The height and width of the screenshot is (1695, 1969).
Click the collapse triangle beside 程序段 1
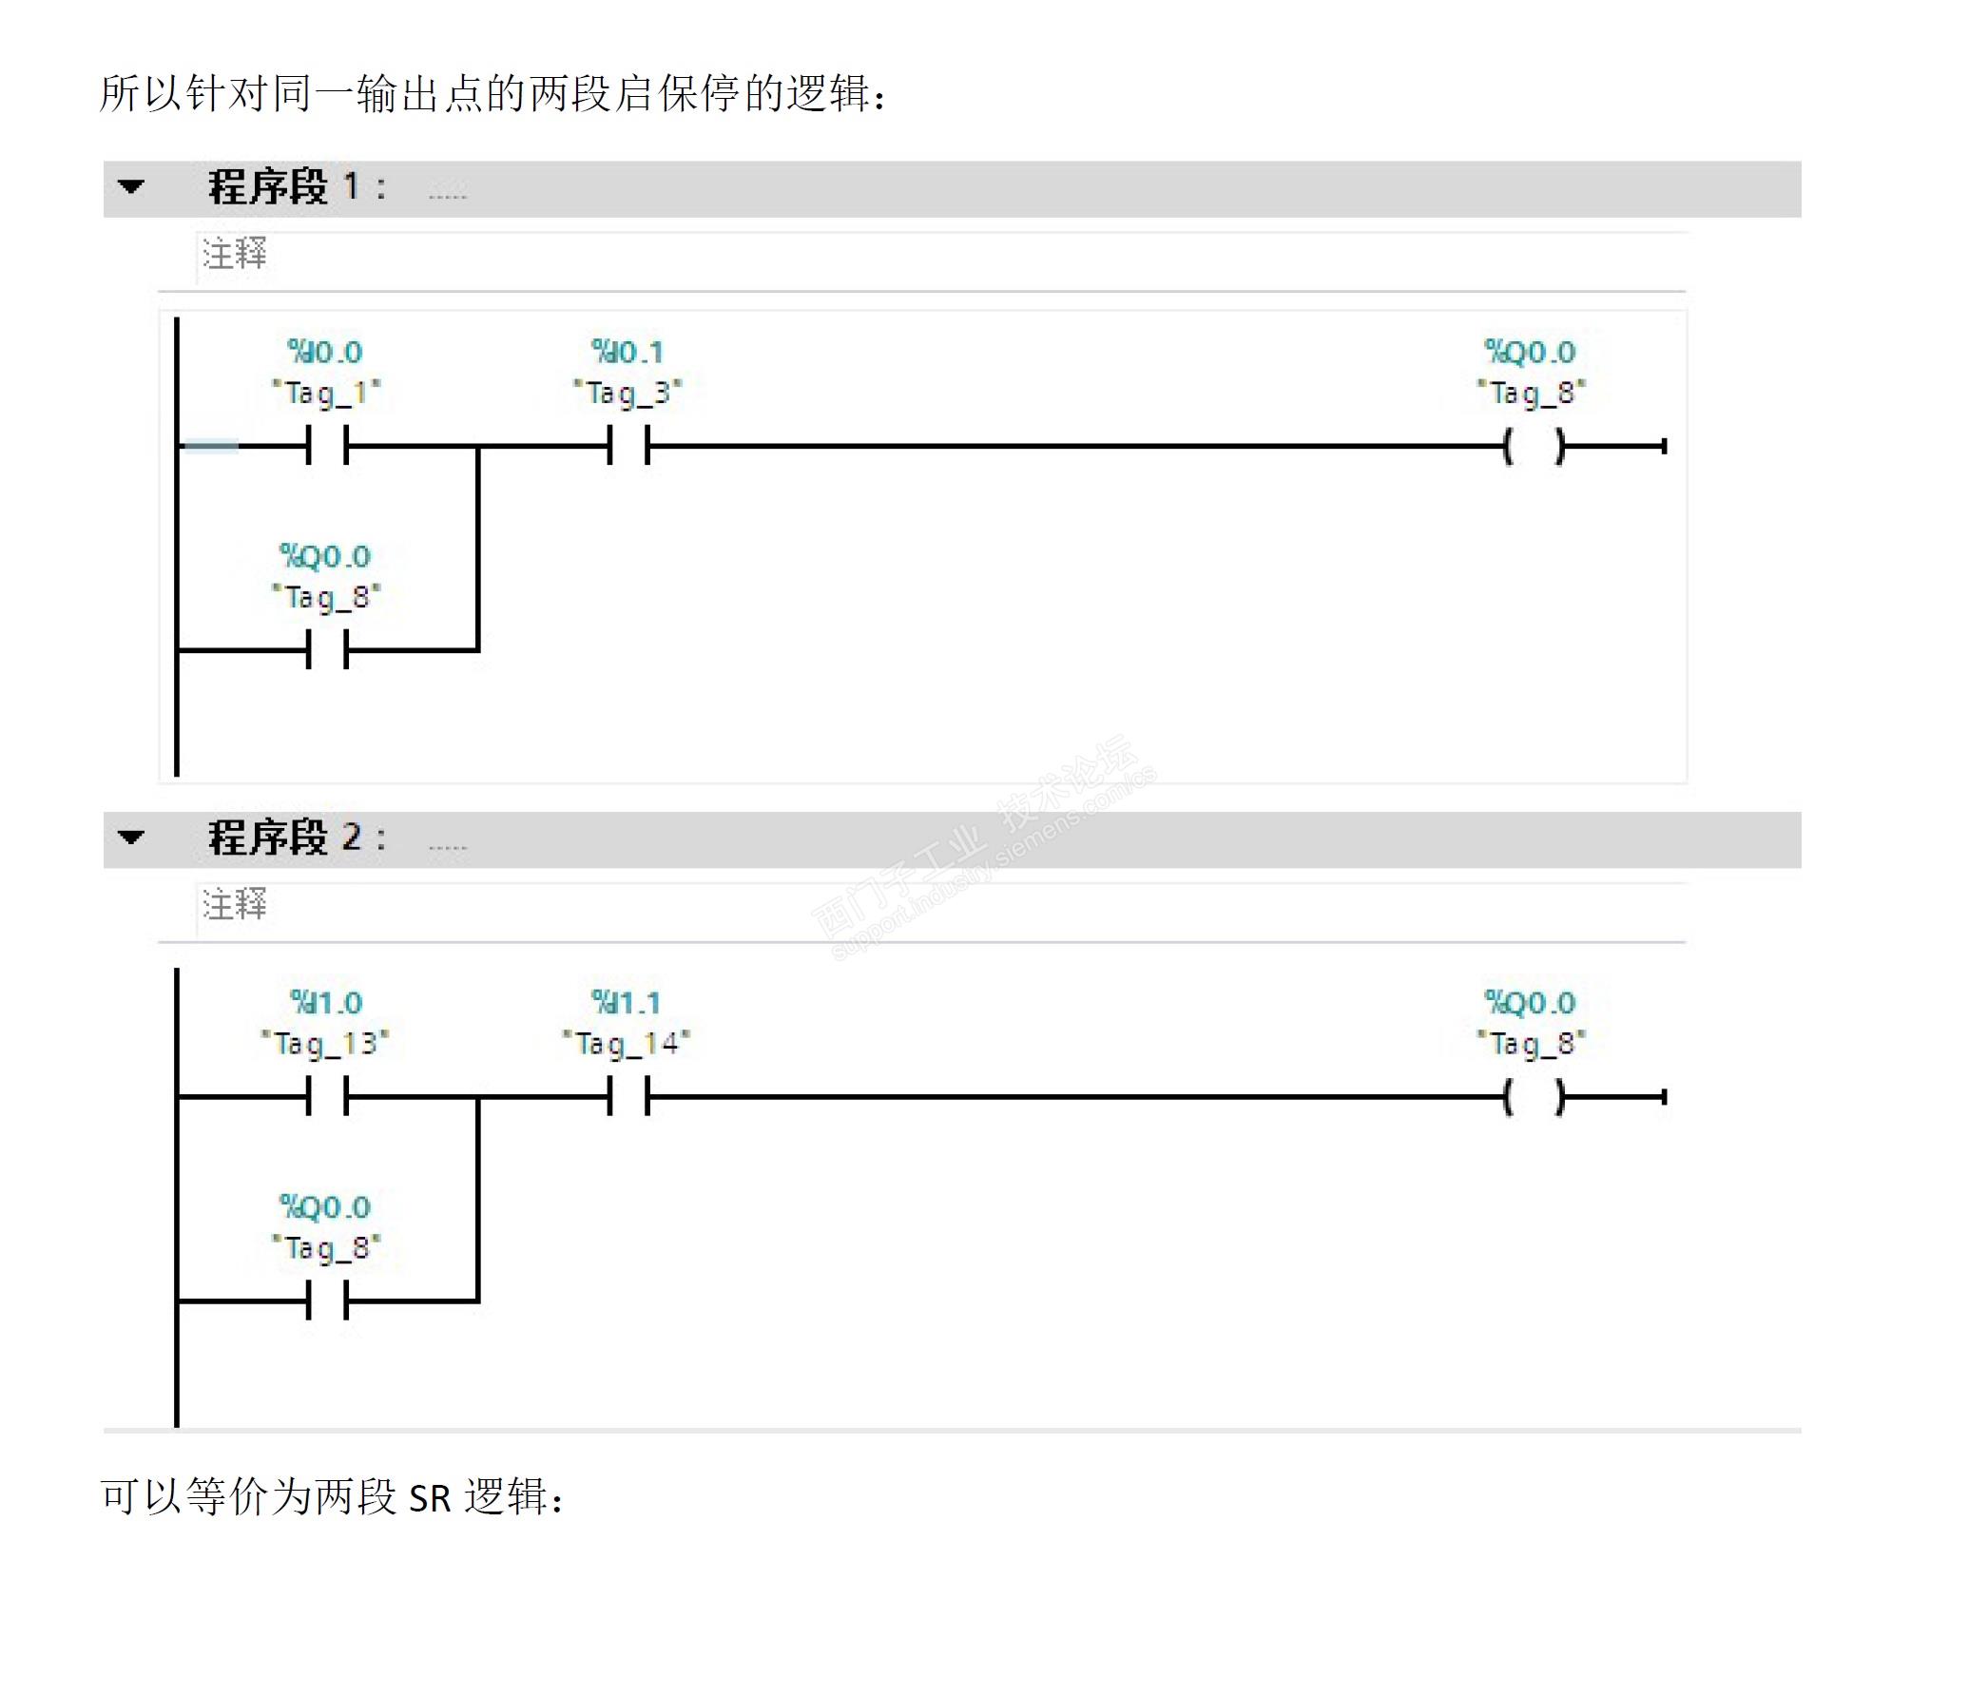coord(131,187)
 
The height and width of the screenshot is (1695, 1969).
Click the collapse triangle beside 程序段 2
coord(131,838)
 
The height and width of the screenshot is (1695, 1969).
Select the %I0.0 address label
coord(325,353)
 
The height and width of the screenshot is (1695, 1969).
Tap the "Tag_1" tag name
coord(326,393)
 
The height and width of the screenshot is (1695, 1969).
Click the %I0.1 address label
coord(627,353)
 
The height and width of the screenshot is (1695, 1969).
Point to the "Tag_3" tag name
coord(627,393)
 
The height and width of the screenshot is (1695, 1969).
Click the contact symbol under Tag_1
coord(327,445)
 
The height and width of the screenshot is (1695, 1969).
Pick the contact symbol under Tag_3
coord(628,445)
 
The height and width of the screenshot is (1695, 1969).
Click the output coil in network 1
coord(1534,446)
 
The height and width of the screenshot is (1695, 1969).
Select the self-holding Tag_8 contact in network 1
coord(327,651)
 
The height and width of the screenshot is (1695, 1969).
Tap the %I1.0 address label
coord(326,1003)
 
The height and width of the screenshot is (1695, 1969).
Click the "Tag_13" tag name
coord(325,1044)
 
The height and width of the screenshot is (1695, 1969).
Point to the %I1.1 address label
coord(626,1003)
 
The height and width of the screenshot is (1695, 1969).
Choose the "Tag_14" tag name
coord(627,1044)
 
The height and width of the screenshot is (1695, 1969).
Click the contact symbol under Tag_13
coord(327,1096)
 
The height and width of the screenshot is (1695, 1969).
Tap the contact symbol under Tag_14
coord(628,1096)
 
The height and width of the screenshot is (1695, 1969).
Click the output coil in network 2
coord(1534,1097)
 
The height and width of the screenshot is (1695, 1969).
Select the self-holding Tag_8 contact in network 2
coord(327,1301)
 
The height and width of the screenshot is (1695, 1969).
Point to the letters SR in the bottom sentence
coord(430,1499)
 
